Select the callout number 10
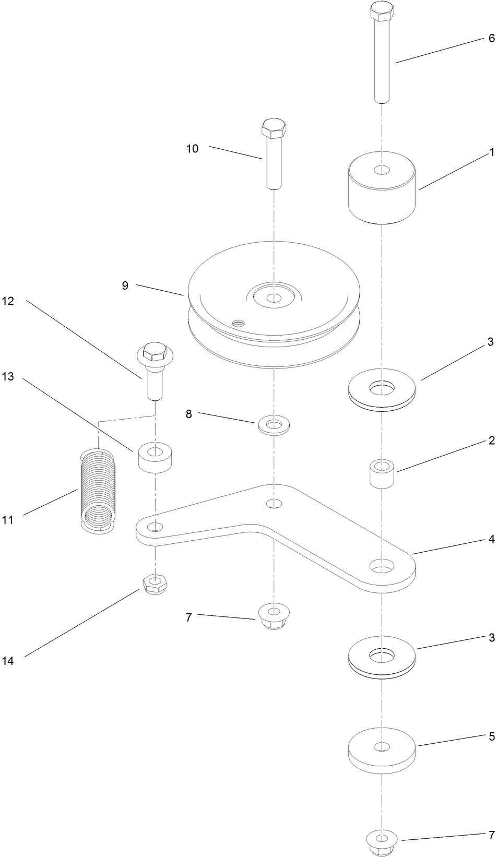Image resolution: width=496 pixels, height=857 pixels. tap(192, 149)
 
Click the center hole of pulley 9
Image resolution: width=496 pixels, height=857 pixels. tap(273, 298)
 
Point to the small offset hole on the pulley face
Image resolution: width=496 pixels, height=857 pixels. tap(239, 324)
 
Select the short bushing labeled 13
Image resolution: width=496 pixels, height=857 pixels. tap(155, 458)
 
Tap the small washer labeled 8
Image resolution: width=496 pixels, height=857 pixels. tap(274, 424)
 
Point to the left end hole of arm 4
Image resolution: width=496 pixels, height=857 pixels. tap(152, 528)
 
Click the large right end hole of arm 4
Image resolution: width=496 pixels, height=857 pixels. tap(382, 566)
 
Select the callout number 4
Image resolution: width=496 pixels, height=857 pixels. tap(491, 540)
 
